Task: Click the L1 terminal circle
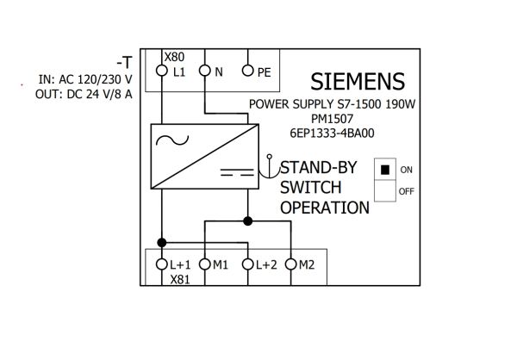(162, 71)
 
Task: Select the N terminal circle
(205, 71)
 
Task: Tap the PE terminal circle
(247, 71)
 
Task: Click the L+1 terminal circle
(162, 264)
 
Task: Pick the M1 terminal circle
(205, 264)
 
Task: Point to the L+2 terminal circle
(247, 264)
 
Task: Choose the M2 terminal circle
(291, 264)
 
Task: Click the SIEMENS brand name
(358, 82)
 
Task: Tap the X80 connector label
(174, 57)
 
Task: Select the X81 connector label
(180, 280)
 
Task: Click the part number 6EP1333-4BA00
(332, 133)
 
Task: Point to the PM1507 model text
(332, 119)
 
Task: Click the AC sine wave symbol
(172, 140)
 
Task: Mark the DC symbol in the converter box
(237, 172)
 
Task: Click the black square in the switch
(385, 170)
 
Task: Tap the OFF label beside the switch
(406, 191)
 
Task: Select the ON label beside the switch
(406, 170)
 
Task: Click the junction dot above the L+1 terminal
(162, 243)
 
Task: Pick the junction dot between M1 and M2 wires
(247, 220)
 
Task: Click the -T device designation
(124, 62)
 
